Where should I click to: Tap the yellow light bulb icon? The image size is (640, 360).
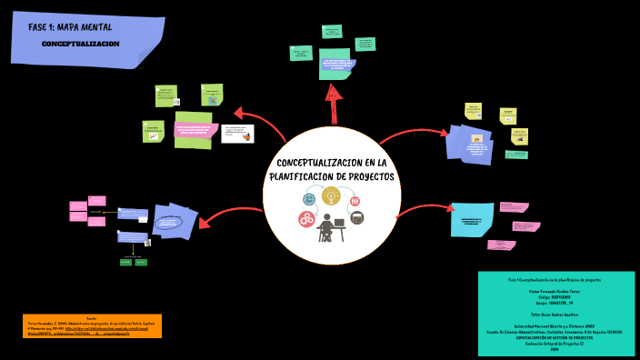(x=331, y=195)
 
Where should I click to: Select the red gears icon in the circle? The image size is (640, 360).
(x=307, y=218)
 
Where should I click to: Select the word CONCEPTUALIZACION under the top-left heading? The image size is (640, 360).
(x=80, y=44)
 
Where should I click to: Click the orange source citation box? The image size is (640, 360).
(x=92, y=325)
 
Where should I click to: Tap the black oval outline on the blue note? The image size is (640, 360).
(x=168, y=223)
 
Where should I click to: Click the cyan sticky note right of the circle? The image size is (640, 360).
(x=472, y=219)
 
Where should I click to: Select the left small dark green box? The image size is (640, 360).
(x=126, y=262)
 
